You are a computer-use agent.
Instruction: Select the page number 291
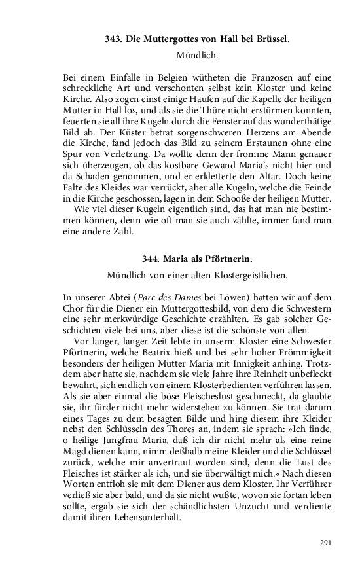pyautogui.click(x=327, y=543)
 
